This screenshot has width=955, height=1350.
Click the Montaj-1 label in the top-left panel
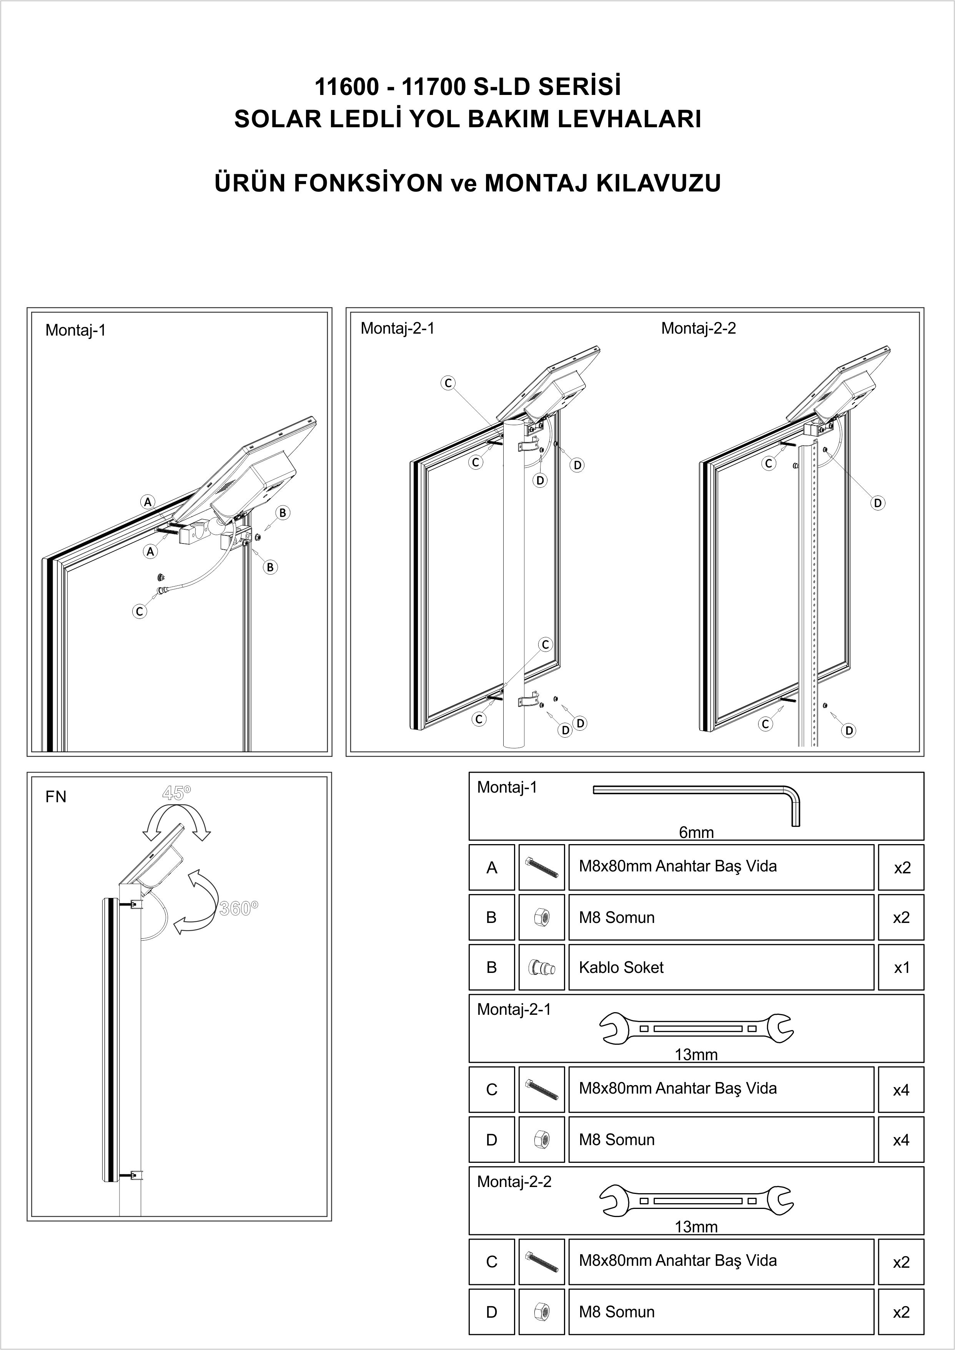point(75,331)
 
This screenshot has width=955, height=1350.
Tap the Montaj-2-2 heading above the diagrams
point(698,328)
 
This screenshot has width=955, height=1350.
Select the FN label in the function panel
point(56,797)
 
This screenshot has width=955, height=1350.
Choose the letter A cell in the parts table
point(492,868)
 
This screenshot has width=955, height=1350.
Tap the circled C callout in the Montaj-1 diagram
point(140,612)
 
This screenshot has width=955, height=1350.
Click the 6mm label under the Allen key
point(696,833)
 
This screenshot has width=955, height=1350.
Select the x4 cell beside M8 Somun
point(901,1140)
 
